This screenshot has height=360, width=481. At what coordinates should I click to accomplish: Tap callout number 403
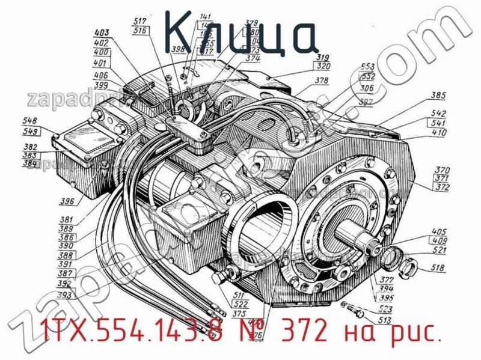(102, 33)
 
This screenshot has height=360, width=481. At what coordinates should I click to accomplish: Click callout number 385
(438, 95)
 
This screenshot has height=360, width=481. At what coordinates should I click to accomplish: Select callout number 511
(239, 295)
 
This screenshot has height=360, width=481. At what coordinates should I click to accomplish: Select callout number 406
(101, 76)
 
